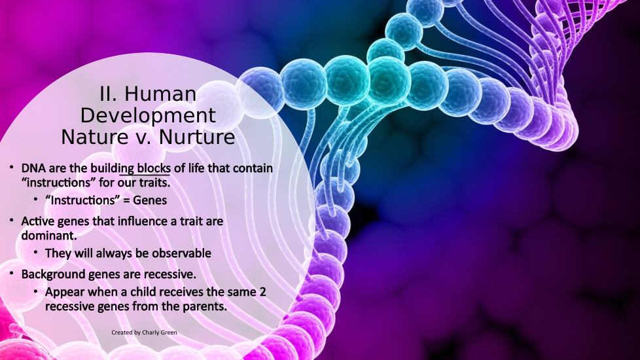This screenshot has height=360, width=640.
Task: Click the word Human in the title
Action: (160, 94)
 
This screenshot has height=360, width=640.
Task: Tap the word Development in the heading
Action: (148, 115)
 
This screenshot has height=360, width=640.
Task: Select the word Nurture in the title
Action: (197, 137)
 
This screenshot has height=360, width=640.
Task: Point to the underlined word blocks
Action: (154, 168)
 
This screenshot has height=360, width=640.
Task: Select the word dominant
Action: (49, 236)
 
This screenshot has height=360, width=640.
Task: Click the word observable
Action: (182, 253)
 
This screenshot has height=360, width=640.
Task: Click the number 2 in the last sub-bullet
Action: (262, 292)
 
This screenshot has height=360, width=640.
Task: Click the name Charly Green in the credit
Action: (160, 333)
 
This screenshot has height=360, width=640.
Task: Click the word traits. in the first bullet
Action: (156, 183)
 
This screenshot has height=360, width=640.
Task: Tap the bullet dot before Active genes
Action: (12, 220)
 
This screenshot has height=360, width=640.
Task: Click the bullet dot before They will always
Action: (36, 252)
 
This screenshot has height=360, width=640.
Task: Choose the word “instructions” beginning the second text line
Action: (58, 183)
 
